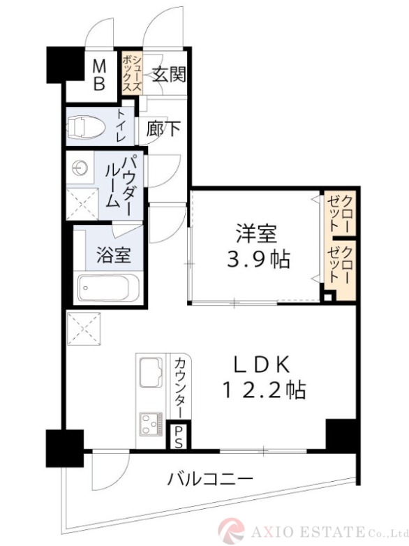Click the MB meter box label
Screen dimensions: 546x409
click(100, 76)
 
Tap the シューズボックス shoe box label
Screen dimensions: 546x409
click(132, 74)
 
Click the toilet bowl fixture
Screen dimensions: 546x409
click(85, 127)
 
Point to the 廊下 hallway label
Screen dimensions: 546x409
click(164, 128)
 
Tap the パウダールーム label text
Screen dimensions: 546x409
click(119, 182)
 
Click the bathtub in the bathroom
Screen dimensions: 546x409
click(108, 288)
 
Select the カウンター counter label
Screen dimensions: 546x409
click(179, 386)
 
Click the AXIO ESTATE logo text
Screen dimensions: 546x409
click(321, 531)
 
